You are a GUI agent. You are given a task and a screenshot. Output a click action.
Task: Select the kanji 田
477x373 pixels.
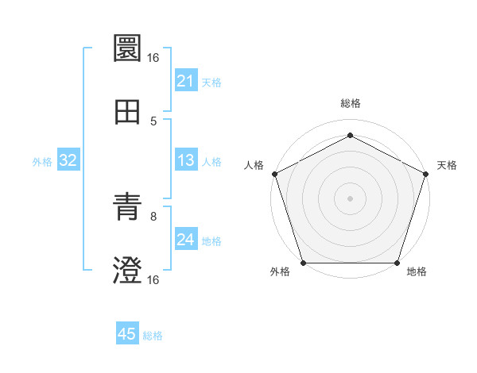coord(127,112)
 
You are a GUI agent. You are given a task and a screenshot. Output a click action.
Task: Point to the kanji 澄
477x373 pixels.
coord(127,271)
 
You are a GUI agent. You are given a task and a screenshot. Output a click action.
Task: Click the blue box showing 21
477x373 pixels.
coord(185,81)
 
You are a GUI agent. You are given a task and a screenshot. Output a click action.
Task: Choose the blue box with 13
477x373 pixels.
coord(185,161)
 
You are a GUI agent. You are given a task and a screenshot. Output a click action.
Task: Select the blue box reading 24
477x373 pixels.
coord(185,240)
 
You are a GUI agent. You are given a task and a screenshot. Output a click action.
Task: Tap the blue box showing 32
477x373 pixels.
coord(68,161)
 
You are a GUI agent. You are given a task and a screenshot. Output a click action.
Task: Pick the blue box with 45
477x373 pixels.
coord(127,334)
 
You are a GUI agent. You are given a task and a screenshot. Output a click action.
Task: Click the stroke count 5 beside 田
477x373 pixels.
coord(153,121)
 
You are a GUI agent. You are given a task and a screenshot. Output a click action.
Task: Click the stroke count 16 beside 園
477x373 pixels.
coord(153,57)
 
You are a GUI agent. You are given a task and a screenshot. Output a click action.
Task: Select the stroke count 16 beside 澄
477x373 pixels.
coord(153,279)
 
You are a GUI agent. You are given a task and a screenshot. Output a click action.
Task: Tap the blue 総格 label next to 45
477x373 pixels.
coord(153,336)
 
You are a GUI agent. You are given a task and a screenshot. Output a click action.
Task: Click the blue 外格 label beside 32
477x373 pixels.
coord(42,162)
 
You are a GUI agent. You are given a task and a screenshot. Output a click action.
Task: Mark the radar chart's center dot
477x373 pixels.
coord(350,198)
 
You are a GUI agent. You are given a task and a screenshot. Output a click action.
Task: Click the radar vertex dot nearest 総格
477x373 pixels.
coord(350,135)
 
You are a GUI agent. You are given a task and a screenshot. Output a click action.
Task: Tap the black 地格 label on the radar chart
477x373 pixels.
coord(417,272)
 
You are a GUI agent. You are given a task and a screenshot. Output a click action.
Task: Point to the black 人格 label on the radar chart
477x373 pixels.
coord(254,165)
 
